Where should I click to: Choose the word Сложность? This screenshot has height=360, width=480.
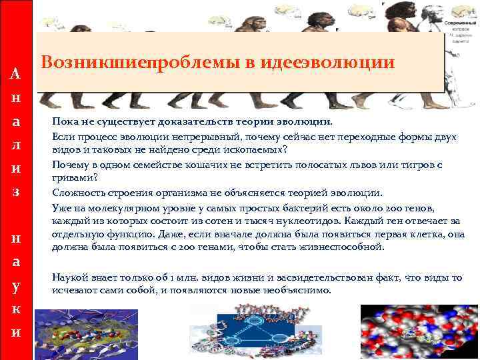click(x=75, y=193)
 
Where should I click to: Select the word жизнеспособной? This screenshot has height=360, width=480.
click(x=345, y=248)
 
